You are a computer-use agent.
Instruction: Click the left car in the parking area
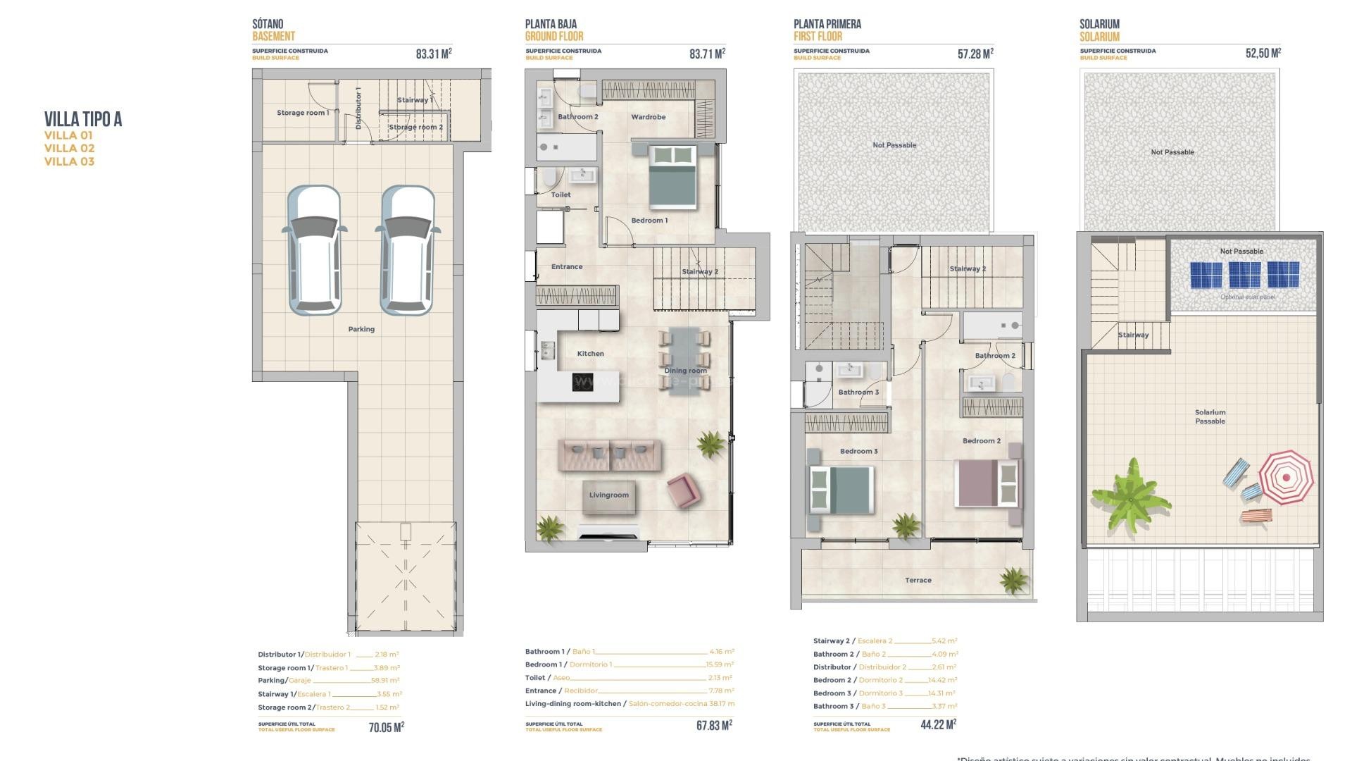click(x=314, y=250)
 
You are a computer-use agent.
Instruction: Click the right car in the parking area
click(x=407, y=250)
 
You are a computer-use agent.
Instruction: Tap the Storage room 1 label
click(x=302, y=113)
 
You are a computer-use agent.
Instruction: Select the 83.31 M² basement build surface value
click(x=433, y=54)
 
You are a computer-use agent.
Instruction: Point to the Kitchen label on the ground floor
click(x=590, y=354)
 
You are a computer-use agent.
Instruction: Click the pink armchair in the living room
click(x=682, y=488)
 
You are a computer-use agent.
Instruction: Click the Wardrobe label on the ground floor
click(x=648, y=117)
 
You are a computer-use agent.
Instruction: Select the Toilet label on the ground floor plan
click(x=561, y=194)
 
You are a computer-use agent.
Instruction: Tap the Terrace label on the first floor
click(x=918, y=581)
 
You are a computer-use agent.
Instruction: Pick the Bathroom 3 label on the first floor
click(x=858, y=392)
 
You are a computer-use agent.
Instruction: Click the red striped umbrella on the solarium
click(x=1286, y=477)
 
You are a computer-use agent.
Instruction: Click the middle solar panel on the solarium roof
click(x=1244, y=275)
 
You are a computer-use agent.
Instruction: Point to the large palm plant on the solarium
click(x=1131, y=493)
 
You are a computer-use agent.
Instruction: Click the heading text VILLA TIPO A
click(x=83, y=119)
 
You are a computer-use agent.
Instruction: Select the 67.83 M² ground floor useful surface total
click(x=714, y=725)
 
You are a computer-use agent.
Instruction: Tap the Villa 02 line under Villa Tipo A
click(x=69, y=148)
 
